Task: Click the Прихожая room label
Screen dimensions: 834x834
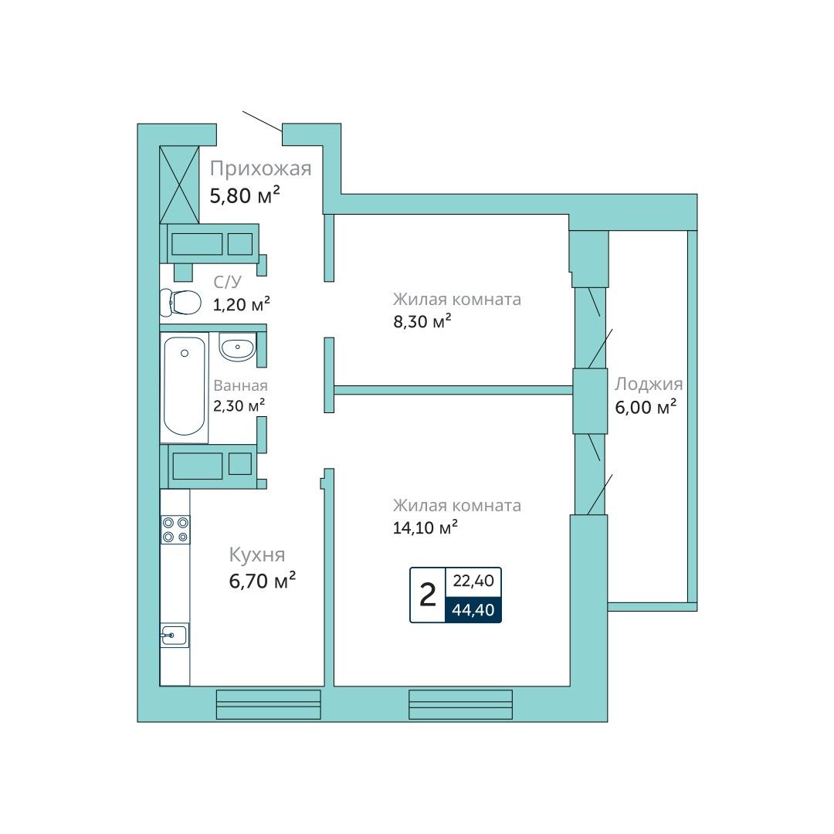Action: pyautogui.click(x=260, y=168)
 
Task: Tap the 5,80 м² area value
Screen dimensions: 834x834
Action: pyautogui.click(x=245, y=195)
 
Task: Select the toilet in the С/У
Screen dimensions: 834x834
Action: pyautogui.click(x=180, y=302)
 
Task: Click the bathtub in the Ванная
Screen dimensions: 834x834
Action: pyautogui.click(x=184, y=387)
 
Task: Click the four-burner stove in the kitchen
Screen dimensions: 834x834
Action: pyautogui.click(x=175, y=530)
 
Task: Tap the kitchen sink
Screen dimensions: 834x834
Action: pyautogui.click(x=175, y=635)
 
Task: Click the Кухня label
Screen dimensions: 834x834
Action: pyautogui.click(x=257, y=554)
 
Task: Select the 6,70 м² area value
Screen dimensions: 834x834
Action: pyautogui.click(x=263, y=581)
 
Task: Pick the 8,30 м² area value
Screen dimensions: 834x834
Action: pyautogui.click(x=422, y=321)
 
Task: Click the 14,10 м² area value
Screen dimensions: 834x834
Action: pyautogui.click(x=425, y=527)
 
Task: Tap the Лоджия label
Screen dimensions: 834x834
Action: pyautogui.click(x=649, y=384)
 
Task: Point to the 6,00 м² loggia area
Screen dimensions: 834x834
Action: pyautogui.click(x=646, y=407)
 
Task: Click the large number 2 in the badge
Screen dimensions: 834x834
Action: pyautogui.click(x=428, y=595)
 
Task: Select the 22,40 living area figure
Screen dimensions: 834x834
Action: pyautogui.click(x=473, y=581)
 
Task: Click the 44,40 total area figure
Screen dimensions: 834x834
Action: pyautogui.click(x=473, y=609)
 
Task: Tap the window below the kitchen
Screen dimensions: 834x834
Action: pyautogui.click(x=269, y=705)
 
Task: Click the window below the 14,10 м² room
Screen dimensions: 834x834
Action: pyautogui.click(x=460, y=705)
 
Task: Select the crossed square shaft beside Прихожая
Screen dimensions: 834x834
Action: pyautogui.click(x=179, y=185)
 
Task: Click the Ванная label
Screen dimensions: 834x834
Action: pyautogui.click(x=240, y=385)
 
